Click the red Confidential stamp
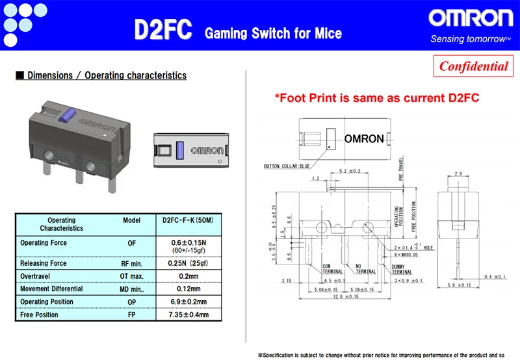(x=473, y=66)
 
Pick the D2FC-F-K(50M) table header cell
(x=187, y=221)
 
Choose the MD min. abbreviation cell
(x=132, y=289)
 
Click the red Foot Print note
(x=376, y=98)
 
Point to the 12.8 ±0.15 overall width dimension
(x=347, y=297)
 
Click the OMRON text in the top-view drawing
(x=363, y=139)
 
